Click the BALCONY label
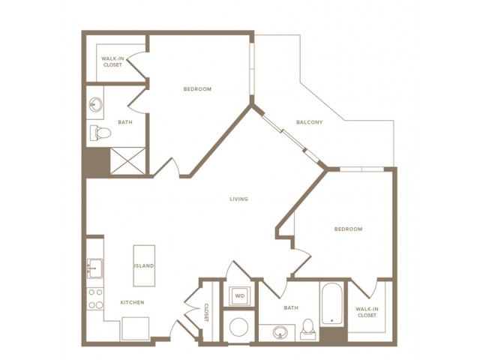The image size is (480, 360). point(309,122)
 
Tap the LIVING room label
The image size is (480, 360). point(238,199)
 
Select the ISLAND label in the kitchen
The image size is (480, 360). point(144,265)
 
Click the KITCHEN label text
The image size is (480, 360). point(132,302)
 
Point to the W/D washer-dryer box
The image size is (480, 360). point(240,295)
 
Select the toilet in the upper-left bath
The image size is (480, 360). point(100,133)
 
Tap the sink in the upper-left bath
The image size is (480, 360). point(95,104)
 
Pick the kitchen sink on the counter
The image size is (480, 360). point(94,268)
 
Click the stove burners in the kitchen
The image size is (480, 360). point(95,298)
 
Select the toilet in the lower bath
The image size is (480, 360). point(307,328)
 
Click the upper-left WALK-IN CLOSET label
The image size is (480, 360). point(113,61)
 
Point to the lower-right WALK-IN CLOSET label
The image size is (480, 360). point(367,312)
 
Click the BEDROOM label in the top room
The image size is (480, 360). point(197,89)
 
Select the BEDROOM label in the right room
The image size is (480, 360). point(348,229)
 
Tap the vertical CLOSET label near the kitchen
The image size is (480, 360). point(207,313)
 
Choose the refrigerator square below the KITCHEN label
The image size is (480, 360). point(135,328)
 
